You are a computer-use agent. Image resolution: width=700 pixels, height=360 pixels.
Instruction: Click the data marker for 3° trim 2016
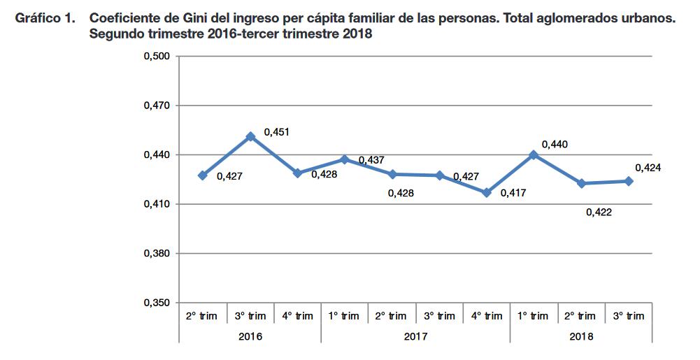[x=250, y=136]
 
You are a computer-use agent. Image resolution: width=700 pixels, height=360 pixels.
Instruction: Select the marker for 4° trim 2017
[x=487, y=192]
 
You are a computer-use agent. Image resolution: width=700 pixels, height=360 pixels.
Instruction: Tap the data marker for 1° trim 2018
[x=534, y=154]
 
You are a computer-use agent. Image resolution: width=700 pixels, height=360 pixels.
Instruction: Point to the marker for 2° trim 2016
[x=203, y=175]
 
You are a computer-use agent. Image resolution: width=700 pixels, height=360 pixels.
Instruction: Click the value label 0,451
[x=277, y=131]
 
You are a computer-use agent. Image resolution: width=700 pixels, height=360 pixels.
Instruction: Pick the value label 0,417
[x=513, y=192]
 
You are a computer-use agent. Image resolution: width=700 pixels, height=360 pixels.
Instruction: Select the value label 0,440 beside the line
[x=555, y=144]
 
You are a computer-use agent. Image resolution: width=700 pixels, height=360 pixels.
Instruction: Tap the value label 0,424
[x=648, y=168]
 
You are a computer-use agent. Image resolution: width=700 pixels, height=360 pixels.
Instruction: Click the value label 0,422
[x=599, y=212]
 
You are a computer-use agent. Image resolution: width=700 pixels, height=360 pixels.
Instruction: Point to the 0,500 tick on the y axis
[x=157, y=57]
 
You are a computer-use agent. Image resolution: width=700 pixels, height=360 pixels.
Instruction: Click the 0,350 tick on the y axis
[x=157, y=303]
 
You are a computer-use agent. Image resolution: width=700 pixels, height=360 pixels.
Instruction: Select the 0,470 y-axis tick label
[x=157, y=106]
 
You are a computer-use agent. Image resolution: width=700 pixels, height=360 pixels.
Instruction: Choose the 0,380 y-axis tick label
[x=157, y=253]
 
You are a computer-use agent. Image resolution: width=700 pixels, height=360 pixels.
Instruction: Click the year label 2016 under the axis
[x=250, y=336]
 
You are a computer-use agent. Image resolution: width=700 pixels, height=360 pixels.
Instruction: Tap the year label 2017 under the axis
[x=416, y=336]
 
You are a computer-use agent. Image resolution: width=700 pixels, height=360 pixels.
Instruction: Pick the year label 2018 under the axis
[x=581, y=336]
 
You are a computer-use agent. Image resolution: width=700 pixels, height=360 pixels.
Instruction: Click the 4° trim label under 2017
[x=487, y=316]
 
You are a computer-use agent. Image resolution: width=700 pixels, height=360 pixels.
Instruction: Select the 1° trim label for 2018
[x=534, y=316]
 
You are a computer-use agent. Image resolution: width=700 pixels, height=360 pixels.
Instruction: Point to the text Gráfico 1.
[x=45, y=20]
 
